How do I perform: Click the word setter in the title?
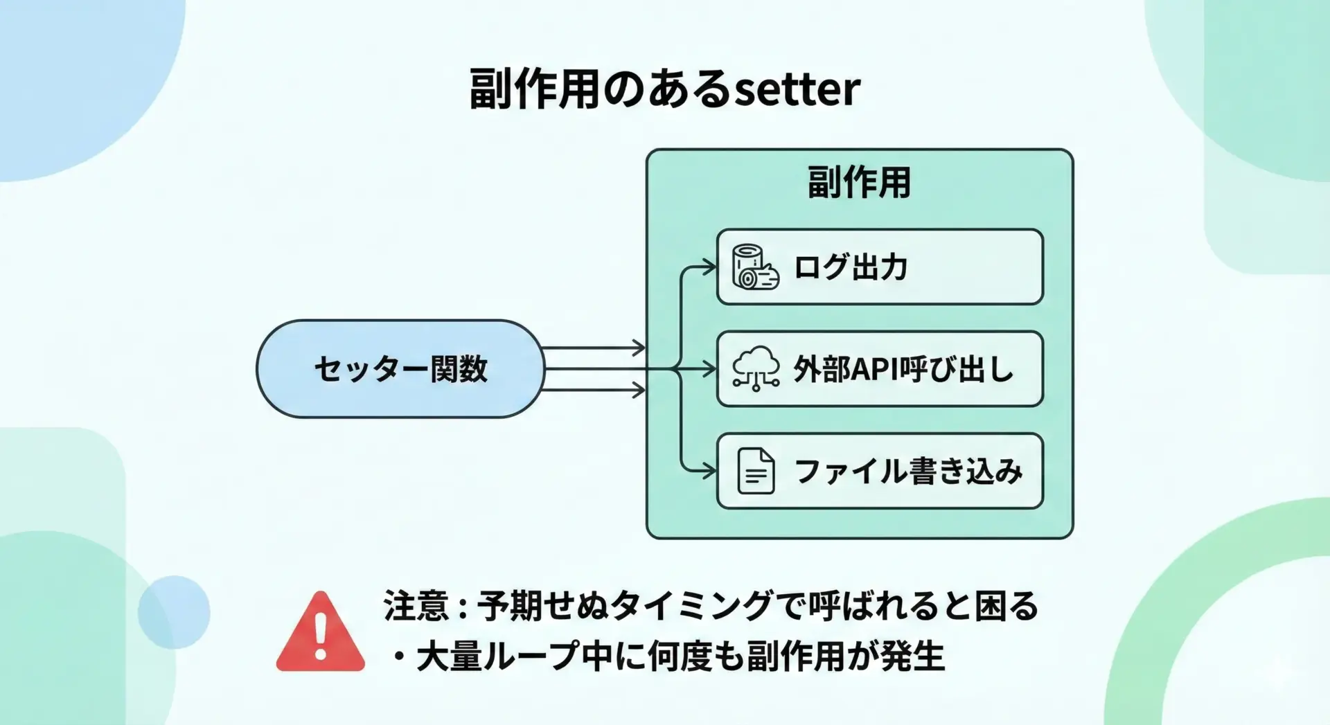[x=797, y=90]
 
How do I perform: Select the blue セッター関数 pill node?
[x=400, y=368]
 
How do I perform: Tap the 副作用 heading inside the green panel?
[x=859, y=183]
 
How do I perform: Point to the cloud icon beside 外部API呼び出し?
[x=756, y=368]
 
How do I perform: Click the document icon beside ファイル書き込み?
[x=756, y=471]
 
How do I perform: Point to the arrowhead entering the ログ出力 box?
[x=709, y=267]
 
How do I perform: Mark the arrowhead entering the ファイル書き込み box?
[x=709, y=471]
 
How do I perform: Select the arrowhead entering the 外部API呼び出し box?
[x=709, y=368]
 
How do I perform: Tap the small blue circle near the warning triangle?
[x=174, y=612]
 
